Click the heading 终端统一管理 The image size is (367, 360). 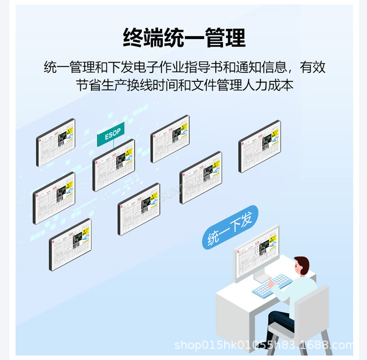(x=184, y=37)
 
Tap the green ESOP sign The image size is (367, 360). (x=111, y=134)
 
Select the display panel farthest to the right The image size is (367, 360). (x=259, y=145)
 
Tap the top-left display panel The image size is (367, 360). (x=55, y=142)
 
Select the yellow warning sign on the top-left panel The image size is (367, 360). (x=69, y=131)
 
